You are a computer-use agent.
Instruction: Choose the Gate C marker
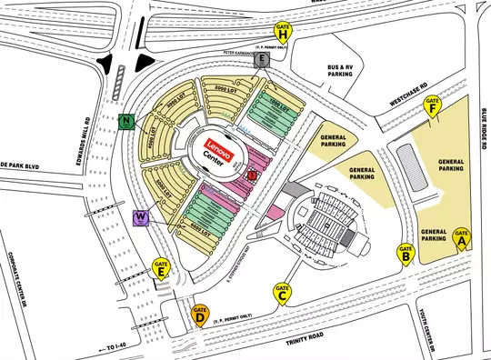pos(283,292)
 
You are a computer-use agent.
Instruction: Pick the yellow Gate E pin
pos(161,269)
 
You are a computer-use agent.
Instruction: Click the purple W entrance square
pos(141,217)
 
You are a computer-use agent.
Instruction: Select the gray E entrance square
pos(262,60)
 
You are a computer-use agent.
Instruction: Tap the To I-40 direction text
pos(114,348)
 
